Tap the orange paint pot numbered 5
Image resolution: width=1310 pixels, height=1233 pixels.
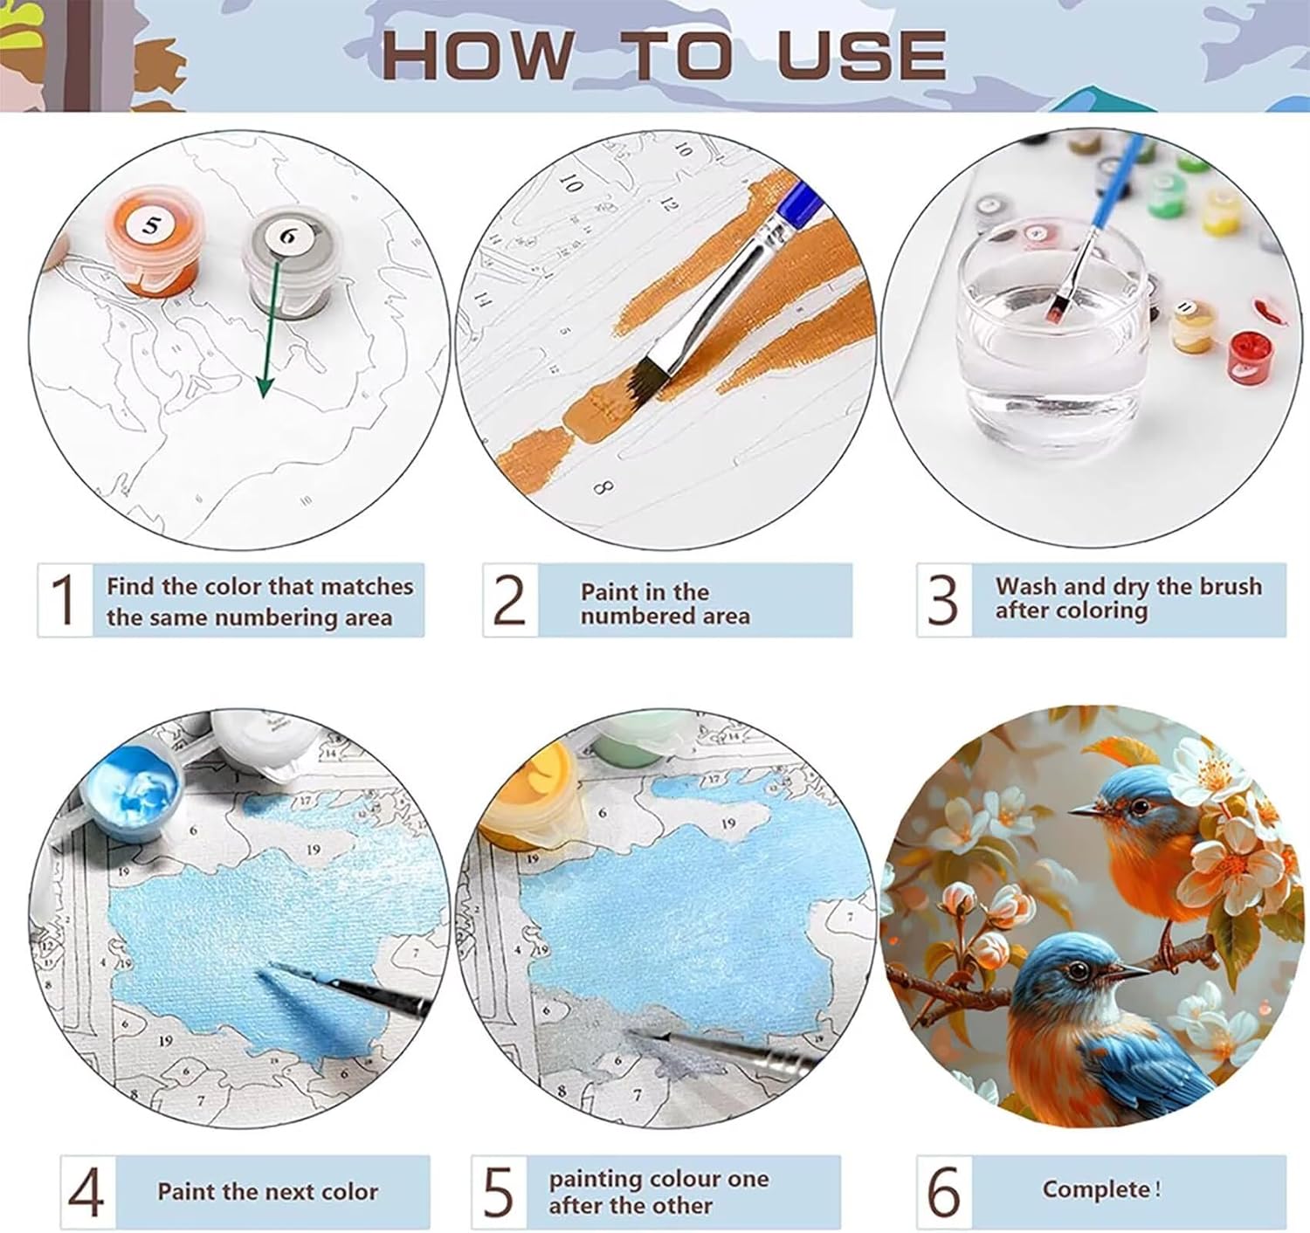click(x=152, y=242)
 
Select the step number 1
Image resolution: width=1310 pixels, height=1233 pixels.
click(x=65, y=599)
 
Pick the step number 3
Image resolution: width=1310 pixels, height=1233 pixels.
click(x=942, y=600)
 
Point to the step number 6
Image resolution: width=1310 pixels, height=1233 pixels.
click(x=944, y=1192)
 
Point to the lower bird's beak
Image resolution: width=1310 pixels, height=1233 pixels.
click(x=1128, y=972)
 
